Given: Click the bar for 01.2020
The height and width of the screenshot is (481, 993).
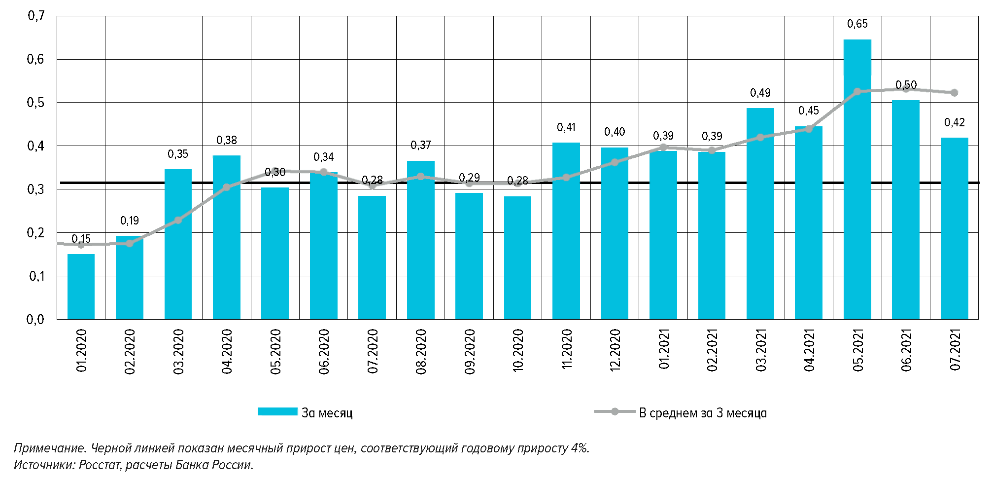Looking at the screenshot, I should (81, 287).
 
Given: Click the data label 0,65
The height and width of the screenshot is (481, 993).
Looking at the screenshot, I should (857, 24).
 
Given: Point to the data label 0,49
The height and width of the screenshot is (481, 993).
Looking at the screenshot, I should (760, 93).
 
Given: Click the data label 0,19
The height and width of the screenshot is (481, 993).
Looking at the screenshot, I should (130, 221).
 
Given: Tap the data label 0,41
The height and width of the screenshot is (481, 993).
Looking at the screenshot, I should (566, 127).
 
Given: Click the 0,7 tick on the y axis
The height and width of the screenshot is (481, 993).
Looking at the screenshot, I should (35, 16).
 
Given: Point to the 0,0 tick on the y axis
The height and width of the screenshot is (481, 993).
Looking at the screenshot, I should (35, 319).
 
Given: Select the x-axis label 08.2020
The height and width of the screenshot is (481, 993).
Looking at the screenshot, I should (421, 352).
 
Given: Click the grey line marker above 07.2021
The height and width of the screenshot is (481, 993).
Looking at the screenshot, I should (954, 93).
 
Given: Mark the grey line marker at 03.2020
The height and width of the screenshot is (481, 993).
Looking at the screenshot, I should (178, 220).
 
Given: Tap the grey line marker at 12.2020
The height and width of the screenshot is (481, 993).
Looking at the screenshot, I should (615, 162).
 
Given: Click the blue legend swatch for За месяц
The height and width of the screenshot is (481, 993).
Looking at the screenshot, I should (277, 411).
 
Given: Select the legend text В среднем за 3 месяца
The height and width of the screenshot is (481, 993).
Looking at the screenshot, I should (703, 413).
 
